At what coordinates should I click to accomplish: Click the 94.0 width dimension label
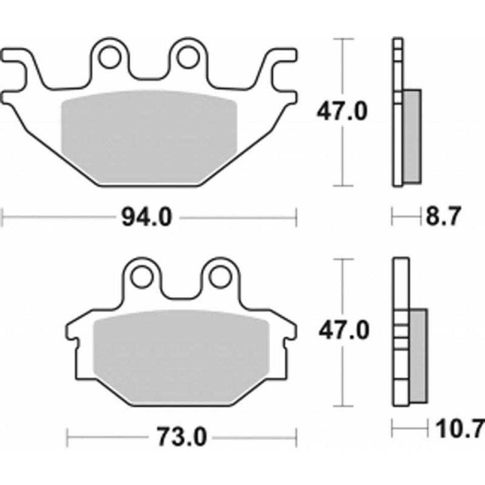(x=147, y=217)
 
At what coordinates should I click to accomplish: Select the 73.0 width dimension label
(x=181, y=438)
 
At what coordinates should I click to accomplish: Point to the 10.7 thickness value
(x=460, y=428)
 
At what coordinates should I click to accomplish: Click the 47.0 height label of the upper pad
(x=342, y=112)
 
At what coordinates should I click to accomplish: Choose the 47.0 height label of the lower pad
(x=344, y=331)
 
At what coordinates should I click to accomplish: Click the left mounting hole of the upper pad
(x=109, y=57)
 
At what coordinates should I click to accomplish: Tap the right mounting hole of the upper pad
(x=188, y=57)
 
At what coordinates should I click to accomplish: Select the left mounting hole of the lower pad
(x=142, y=277)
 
